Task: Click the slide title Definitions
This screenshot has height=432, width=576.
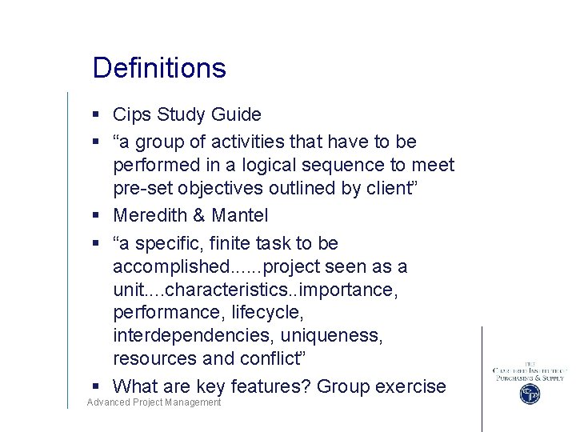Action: click(x=159, y=68)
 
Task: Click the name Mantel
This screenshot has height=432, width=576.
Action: click(x=240, y=215)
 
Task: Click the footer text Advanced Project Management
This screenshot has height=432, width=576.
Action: click(x=154, y=402)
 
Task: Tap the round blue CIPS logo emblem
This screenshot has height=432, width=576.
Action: click(x=529, y=394)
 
